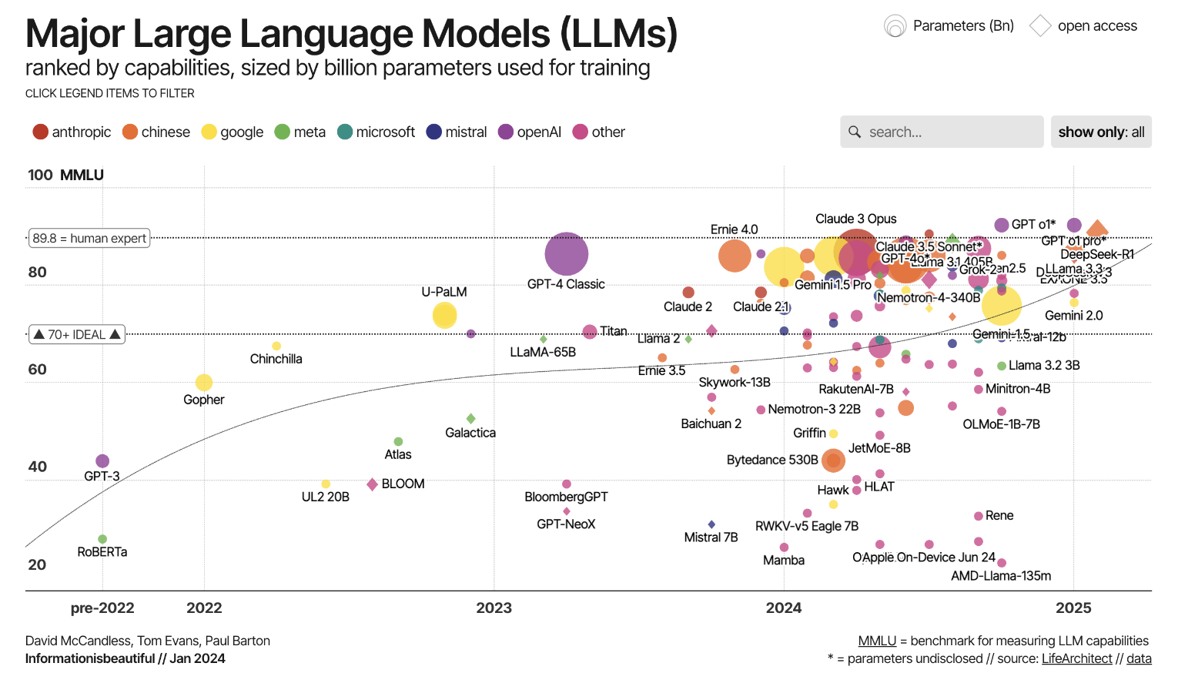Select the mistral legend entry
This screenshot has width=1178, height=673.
[x=456, y=132]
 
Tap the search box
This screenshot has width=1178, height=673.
[x=942, y=132]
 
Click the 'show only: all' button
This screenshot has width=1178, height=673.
[x=1100, y=132]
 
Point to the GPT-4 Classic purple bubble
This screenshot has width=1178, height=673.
[x=566, y=253]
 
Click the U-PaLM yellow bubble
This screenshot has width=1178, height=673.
[x=444, y=315]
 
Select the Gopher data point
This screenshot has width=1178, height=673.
[x=203, y=383]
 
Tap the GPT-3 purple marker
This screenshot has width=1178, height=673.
[x=102, y=461]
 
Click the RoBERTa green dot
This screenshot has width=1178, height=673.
[x=102, y=539]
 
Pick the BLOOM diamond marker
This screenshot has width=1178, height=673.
[x=373, y=484]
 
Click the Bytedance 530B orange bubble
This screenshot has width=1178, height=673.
[x=833, y=460]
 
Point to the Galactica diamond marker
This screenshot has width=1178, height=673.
[x=470, y=418]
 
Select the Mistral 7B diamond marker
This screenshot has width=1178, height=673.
[x=711, y=524]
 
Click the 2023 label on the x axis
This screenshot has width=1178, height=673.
[x=494, y=608]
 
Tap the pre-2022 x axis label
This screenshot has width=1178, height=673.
[x=102, y=608]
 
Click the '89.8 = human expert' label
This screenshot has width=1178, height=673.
[x=89, y=238]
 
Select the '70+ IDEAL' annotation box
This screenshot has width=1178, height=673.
[x=77, y=334]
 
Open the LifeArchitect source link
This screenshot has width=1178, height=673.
[x=1076, y=658]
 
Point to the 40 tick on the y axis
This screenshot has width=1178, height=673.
[x=37, y=467]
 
